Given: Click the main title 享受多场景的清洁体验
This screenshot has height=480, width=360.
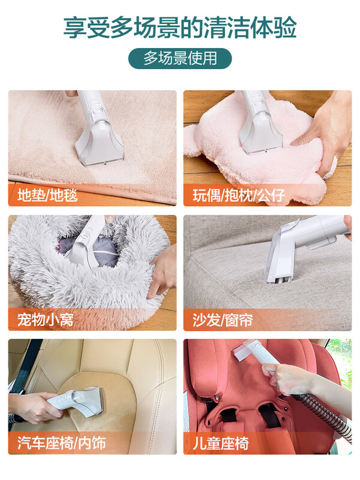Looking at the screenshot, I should coord(180,28).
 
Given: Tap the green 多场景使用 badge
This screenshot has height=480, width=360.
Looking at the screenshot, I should coord(180,58).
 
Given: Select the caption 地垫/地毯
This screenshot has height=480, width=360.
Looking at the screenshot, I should coord(48,195).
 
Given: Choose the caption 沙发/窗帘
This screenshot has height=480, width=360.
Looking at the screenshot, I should coord(223,319).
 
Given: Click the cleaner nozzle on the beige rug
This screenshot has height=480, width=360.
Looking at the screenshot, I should coord(99,141).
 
